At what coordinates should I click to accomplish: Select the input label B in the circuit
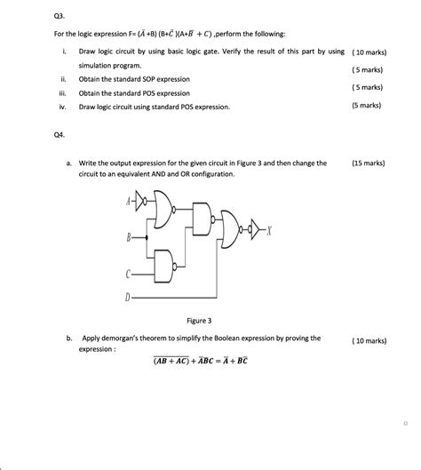coord(130,237)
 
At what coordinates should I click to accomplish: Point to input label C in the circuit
coord(130,273)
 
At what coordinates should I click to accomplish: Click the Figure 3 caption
coord(198,320)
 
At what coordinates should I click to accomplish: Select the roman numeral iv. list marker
coord(62,106)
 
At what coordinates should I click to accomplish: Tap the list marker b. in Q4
coord(68,339)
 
